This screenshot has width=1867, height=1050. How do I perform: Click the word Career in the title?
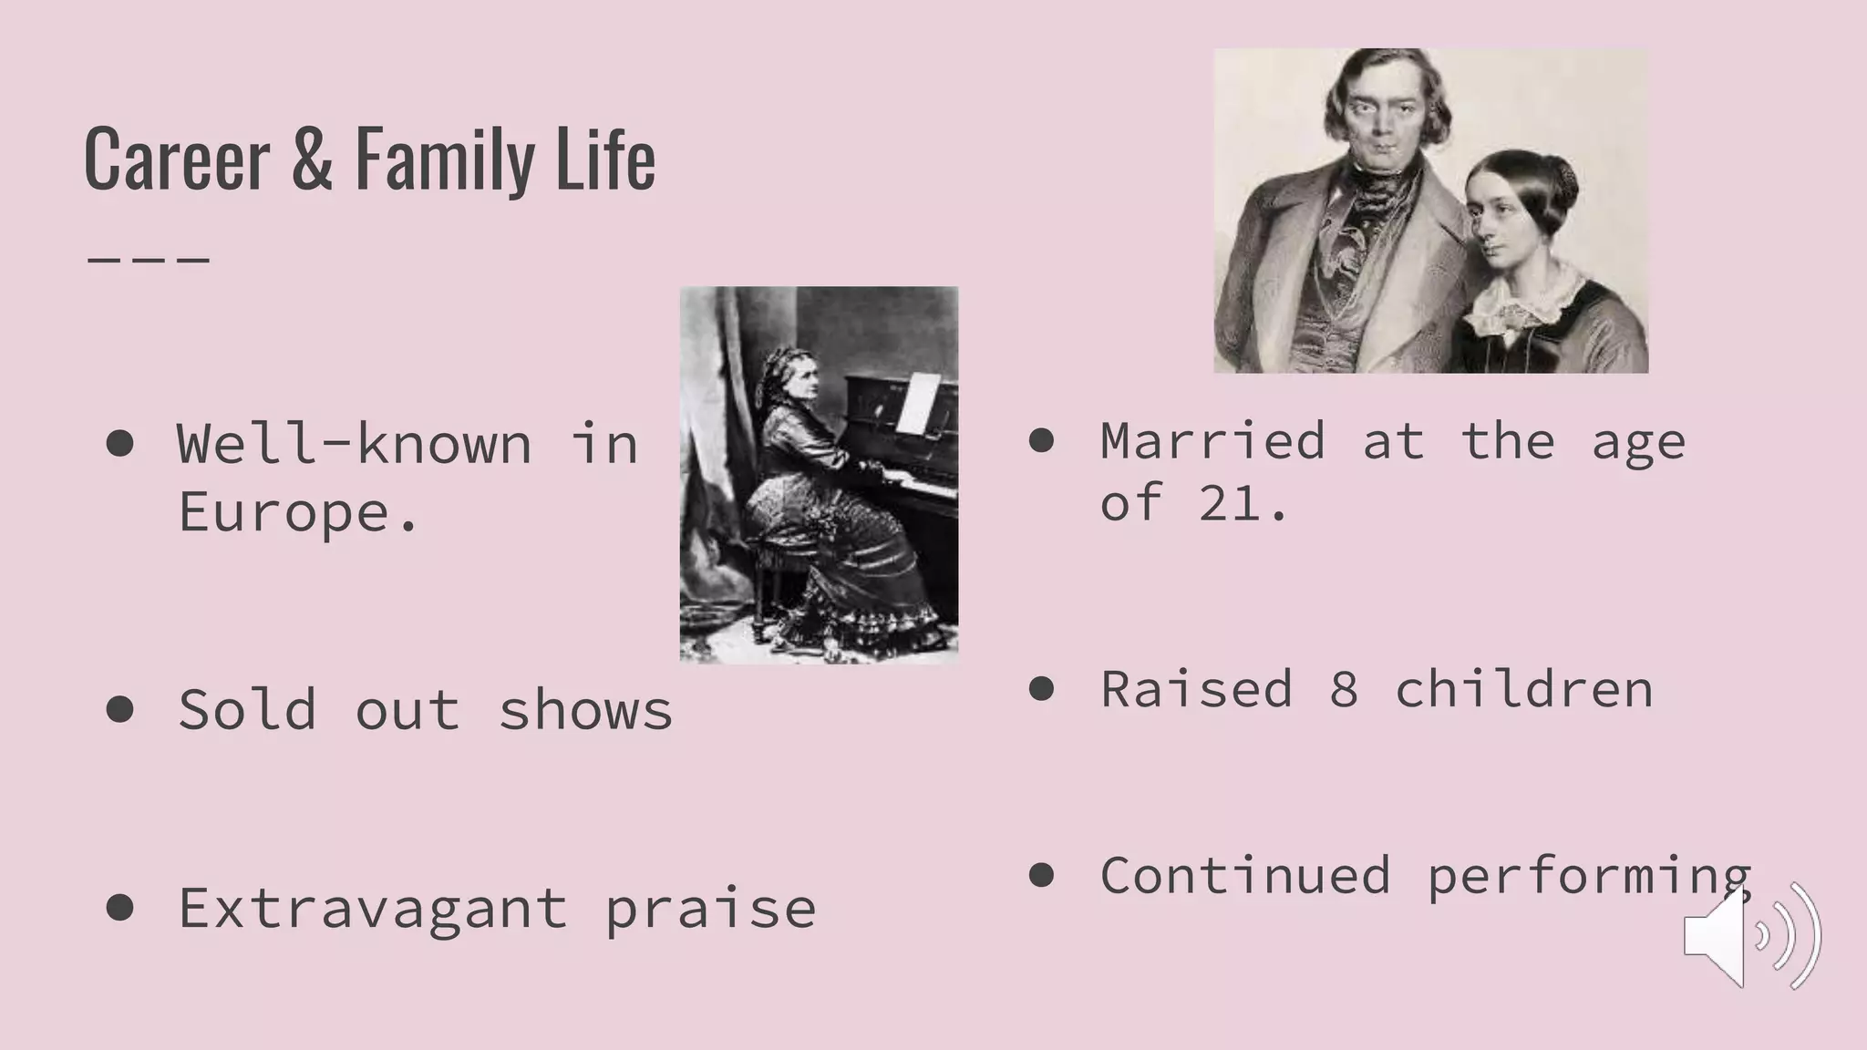(x=177, y=160)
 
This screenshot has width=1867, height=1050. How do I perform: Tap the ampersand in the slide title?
(x=312, y=160)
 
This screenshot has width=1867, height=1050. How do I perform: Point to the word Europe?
(x=297, y=511)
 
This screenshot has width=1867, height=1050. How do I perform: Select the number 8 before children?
(x=1343, y=689)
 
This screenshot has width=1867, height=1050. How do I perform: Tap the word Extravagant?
(x=373, y=909)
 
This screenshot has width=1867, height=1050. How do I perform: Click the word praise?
(x=710, y=909)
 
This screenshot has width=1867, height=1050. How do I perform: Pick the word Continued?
(x=1245, y=876)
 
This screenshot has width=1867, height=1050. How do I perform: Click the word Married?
(x=1212, y=441)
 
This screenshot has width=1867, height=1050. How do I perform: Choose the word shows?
(x=585, y=710)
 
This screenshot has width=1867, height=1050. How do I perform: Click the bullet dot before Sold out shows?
(x=120, y=708)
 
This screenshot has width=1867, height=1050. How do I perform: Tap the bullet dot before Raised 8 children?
(x=1041, y=688)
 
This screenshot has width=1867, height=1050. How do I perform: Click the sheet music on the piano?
(x=917, y=402)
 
